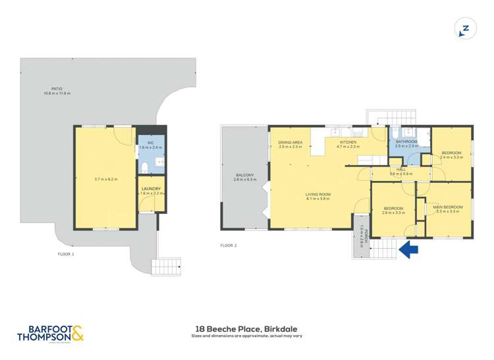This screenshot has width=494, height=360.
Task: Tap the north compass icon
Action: tap(465, 28)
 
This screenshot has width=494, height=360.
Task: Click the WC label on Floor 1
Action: tap(150, 143)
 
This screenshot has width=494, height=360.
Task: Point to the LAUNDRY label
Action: tap(150, 189)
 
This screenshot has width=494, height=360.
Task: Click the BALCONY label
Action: tap(245, 174)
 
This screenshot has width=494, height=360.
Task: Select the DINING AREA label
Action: tap(290, 142)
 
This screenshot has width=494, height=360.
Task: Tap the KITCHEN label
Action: tap(348, 142)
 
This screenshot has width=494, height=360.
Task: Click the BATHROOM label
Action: tap(406, 141)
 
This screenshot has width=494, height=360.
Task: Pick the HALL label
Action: tap(400, 169)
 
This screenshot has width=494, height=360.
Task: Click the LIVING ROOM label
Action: tap(317, 194)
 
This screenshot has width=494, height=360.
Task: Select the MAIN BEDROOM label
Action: tap(447, 207)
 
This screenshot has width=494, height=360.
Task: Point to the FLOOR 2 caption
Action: tap(228, 245)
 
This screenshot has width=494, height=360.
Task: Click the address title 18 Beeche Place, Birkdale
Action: tap(246, 328)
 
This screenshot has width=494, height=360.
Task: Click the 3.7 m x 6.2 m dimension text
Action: tap(105, 179)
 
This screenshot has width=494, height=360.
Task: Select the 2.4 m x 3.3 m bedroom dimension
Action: tap(452, 157)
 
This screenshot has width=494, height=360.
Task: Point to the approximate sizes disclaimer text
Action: tap(246, 336)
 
